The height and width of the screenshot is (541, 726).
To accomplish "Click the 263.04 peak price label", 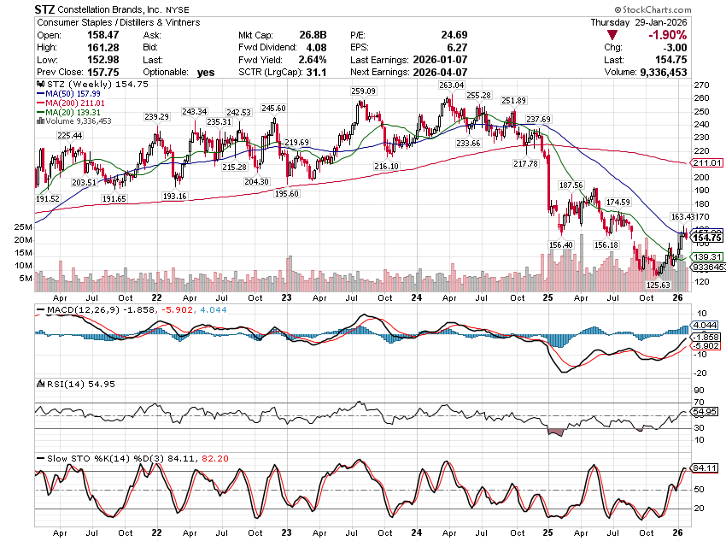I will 450,85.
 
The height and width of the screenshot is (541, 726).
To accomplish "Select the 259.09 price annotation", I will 362,91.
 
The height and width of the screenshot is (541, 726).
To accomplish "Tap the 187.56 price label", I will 571,185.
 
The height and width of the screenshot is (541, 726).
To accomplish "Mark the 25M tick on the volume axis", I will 23,226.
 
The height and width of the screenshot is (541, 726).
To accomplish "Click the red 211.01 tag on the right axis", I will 710,163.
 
